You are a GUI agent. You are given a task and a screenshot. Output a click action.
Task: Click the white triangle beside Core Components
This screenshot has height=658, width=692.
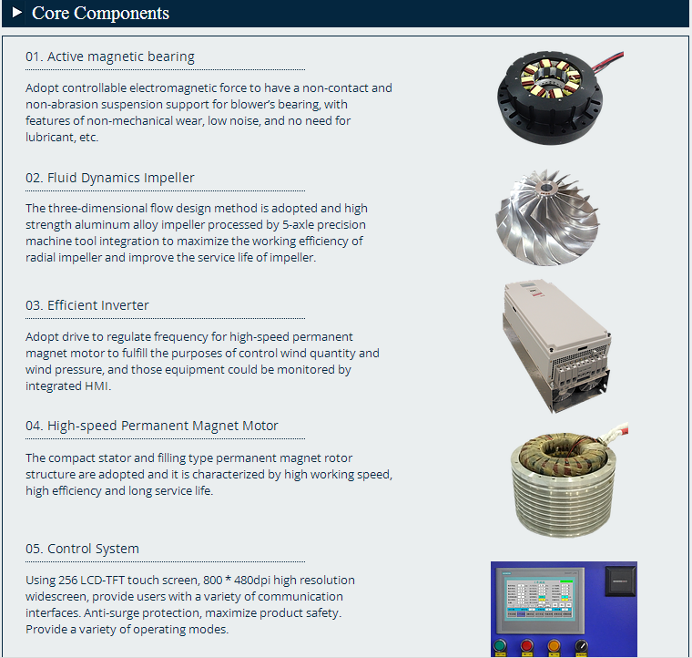16,12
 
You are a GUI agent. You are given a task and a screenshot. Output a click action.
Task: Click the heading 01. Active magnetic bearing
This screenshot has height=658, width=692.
110,57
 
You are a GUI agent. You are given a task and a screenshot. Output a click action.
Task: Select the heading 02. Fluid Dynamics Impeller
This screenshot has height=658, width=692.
110,178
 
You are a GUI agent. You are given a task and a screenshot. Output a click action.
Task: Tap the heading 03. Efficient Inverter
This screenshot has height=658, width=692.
86,305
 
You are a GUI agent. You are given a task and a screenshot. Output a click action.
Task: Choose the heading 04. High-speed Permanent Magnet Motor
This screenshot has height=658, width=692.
152,426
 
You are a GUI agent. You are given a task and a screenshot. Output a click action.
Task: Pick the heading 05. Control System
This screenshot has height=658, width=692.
82,549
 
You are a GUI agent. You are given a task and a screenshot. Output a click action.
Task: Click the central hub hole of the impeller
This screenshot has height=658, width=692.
546,188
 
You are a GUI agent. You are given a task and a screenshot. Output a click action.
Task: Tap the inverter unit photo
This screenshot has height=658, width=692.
557,346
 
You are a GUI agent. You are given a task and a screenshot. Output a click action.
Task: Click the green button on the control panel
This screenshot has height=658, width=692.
500,645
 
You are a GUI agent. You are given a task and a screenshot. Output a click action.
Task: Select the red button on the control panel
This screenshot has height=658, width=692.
526,645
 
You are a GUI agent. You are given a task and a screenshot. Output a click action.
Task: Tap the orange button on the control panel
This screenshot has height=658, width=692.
554,645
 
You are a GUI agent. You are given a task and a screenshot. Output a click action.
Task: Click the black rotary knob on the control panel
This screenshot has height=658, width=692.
582,645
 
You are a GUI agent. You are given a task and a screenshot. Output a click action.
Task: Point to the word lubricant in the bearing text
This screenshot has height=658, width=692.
49,138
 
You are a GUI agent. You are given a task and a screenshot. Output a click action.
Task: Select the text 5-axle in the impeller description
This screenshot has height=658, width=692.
298,225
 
